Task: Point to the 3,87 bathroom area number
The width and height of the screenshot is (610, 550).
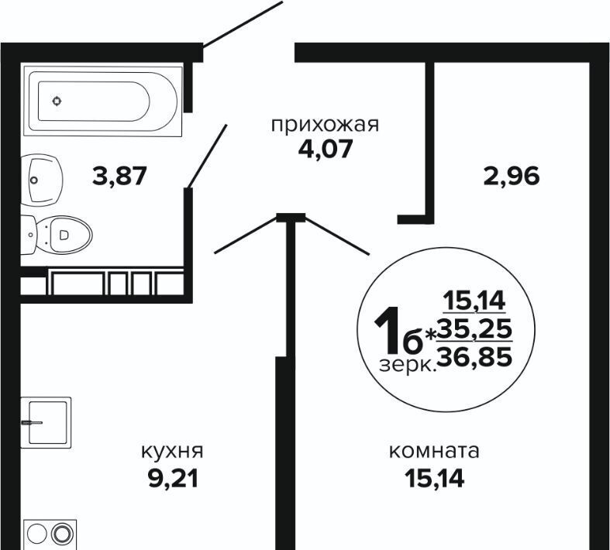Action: [119, 177]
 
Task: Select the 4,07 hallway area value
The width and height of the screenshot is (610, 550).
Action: [325, 147]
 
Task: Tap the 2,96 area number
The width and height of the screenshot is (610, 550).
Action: [511, 177]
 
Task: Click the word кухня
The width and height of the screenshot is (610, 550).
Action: [172, 451]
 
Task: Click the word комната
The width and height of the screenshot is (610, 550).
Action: [434, 451]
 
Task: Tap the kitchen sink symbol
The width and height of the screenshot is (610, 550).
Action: [47, 421]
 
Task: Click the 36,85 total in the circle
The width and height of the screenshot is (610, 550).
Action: [474, 356]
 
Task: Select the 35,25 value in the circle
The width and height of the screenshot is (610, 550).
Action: [474, 329]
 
